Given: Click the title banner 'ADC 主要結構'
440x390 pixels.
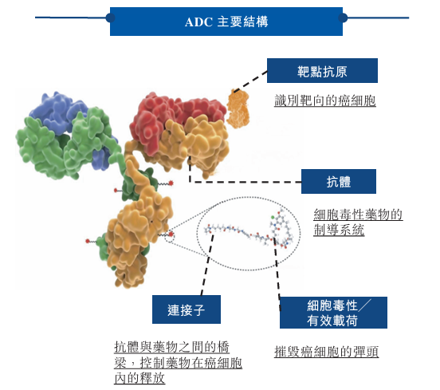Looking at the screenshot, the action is click(226, 22).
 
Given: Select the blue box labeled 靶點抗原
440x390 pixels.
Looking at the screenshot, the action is click(322, 71).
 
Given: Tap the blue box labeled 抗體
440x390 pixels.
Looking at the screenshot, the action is click(339, 181).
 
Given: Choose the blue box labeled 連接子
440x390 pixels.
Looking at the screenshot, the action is click(187, 309).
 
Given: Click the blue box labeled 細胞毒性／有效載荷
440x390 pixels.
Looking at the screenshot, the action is click(333, 313).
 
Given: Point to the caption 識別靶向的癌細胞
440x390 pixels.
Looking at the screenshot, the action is click(325, 100).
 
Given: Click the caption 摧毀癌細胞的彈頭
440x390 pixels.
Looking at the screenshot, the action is click(326, 352).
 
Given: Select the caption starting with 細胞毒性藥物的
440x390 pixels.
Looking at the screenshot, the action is click(358, 222).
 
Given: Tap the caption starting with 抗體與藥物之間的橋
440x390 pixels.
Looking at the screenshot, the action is click(178, 362).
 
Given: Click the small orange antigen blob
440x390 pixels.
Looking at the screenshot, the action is click(238, 109).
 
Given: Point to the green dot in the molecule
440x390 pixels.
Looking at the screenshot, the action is click(273, 217).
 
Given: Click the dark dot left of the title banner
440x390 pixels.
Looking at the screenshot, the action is click(110, 18).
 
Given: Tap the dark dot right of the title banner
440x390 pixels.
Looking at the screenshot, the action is click(343, 18).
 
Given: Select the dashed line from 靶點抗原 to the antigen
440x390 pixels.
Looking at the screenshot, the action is click(250, 81).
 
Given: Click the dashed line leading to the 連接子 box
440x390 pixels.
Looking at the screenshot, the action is click(207, 265).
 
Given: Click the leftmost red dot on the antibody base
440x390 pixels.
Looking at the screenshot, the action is click(88, 241).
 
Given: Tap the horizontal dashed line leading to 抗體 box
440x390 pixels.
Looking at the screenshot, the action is click(246, 182).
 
